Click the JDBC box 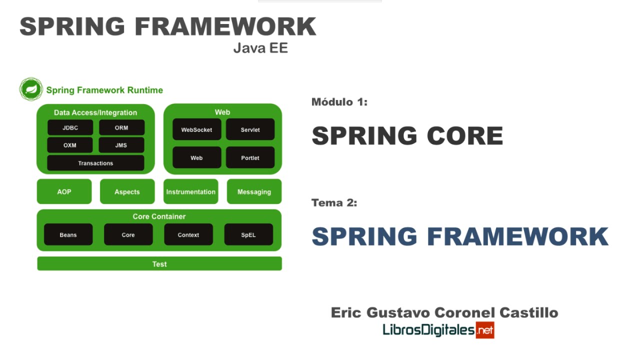click(70, 127)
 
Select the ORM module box click(121, 127)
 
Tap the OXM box click(70, 145)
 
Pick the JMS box click(121, 145)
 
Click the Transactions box click(95, 163)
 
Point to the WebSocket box click(196, 129)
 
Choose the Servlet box click(250, 129)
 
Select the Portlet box click(250, 157)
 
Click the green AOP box click(64, 191)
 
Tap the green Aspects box click(127, 191)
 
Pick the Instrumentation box click(190, 191)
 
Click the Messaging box click(254, 191)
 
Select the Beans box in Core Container click(68, 234)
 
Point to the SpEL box click(248, 234)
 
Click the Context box click(188, 234)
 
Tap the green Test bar click(159, 263)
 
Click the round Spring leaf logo click(31, 89)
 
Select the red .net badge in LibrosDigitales click(484, 330)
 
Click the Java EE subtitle click(260, 48)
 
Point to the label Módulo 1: click(339, 102)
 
